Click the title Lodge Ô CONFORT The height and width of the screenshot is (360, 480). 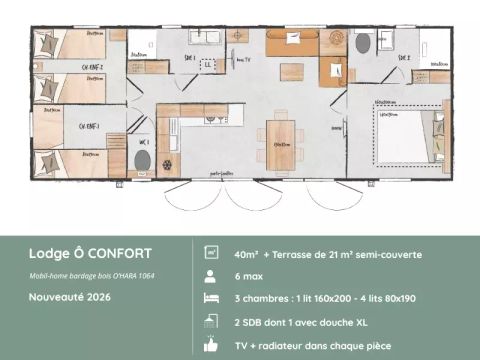point(90,254)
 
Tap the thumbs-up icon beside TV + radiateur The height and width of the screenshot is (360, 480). point(211,343)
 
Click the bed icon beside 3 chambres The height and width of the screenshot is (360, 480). point(211,298)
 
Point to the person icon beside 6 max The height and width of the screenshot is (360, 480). point(211,276)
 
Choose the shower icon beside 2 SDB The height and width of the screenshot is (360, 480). point(211,321)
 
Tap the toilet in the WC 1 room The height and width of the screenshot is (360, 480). point(142,161)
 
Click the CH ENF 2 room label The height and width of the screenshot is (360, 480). point(92,68)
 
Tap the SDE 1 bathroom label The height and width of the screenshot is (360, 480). point(189,57)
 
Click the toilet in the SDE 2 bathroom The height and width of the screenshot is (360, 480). point(362,44)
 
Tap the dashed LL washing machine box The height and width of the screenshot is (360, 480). point(208,65)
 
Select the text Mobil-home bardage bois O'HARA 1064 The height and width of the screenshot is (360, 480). point(91,275)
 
